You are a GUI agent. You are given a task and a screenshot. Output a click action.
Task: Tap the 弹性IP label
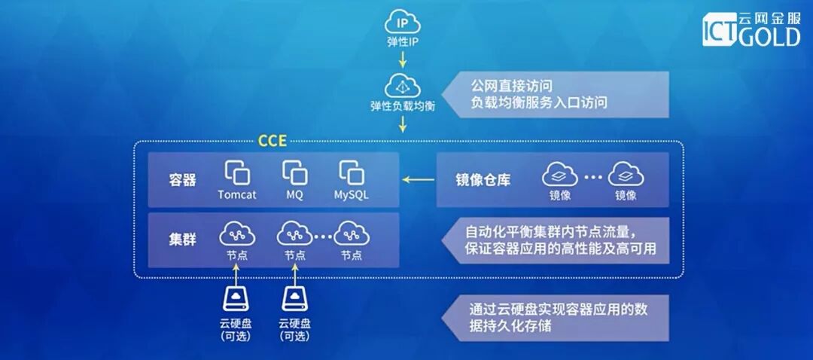(402, 41)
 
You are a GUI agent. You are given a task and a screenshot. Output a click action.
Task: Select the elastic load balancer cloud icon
(402, 84)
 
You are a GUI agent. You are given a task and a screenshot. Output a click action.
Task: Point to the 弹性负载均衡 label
(402, 105)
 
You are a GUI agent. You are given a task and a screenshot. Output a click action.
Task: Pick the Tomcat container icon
(237, 172)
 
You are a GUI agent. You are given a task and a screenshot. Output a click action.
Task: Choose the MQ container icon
(294, 172)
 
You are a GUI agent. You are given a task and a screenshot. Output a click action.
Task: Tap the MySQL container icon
(352, 172)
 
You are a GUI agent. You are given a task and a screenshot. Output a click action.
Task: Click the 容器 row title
(182, 181)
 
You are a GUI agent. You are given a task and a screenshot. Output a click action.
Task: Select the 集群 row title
(182, 239)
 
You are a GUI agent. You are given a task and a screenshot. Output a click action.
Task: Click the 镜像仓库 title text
(483, 181)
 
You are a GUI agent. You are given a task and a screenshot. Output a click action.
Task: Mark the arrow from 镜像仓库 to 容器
(418, 180)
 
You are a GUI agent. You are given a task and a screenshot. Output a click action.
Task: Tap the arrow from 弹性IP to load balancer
(402, 59)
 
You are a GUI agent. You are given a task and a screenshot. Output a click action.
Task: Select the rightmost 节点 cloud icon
(352, 233)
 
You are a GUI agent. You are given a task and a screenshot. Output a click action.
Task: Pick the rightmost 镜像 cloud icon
(626, 175)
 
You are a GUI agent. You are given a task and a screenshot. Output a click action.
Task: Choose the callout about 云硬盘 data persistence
(557, 317)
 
